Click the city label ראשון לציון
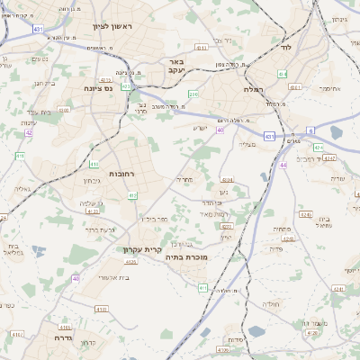point(111,26)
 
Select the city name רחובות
point(107,172)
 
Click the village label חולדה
point(273,305)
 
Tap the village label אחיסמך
point(328,88)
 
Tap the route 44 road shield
point(283,166)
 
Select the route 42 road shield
point(29,132)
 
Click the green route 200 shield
point(193,94)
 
